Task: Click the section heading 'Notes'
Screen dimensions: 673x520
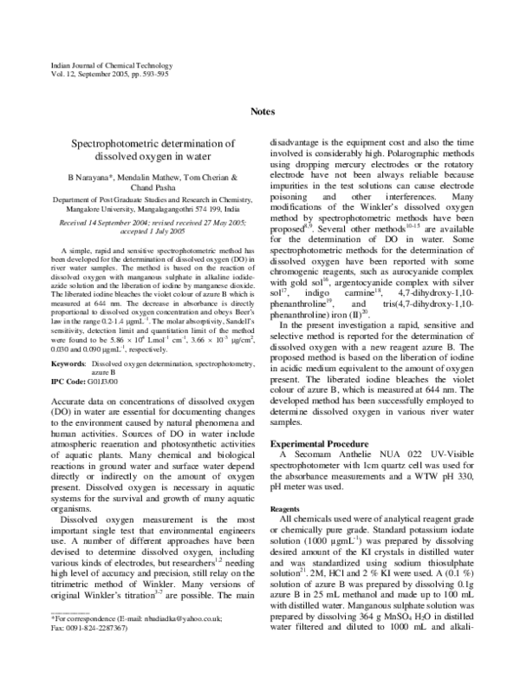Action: [263, 112]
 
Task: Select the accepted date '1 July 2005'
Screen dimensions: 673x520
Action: [173, 232]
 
